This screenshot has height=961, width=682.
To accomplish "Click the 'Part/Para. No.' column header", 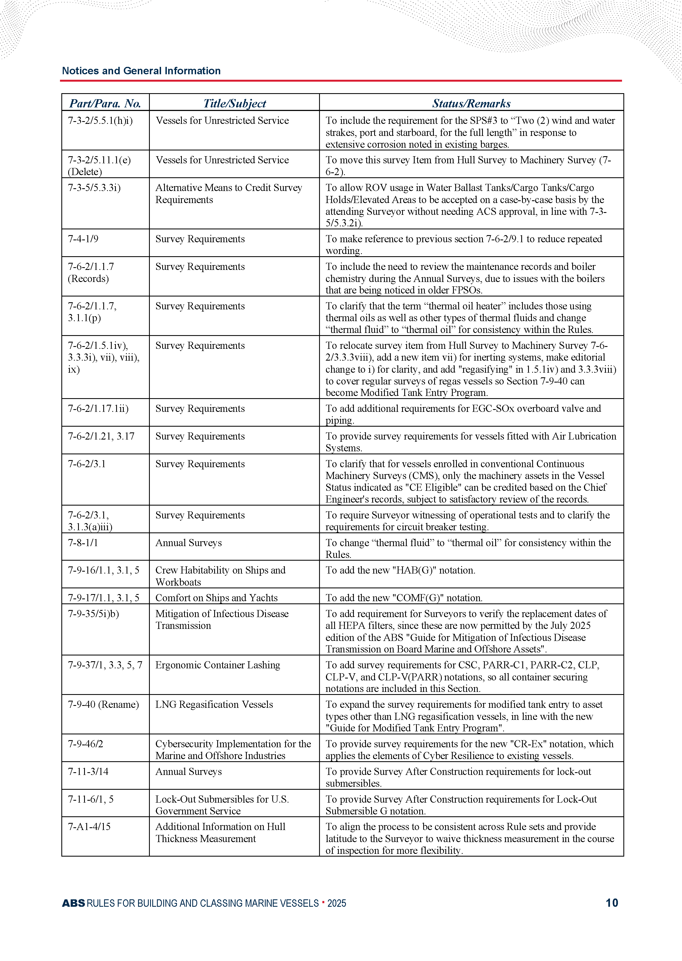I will point(105,103).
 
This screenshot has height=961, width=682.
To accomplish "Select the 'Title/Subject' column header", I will point(234,103).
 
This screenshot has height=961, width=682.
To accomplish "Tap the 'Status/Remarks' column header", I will point(471,103).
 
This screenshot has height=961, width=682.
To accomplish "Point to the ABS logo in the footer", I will point(73,903).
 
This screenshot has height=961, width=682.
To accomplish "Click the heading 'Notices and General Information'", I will point(141,71).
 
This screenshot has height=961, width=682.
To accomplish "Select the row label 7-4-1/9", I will point(83,239).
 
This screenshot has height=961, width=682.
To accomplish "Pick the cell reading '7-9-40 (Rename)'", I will point(103,704).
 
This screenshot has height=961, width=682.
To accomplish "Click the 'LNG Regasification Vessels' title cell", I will point(214,704).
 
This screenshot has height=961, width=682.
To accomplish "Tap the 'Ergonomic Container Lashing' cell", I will point(217,665).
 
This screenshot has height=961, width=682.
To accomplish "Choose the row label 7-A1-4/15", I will point(89,827).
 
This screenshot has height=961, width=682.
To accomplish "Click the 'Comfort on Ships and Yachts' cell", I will point(216,598).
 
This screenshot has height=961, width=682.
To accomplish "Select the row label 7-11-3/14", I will point(88,772).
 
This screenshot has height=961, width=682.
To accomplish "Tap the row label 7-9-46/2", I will point(86,744).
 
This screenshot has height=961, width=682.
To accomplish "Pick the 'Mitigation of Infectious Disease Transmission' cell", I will point(222,620).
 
